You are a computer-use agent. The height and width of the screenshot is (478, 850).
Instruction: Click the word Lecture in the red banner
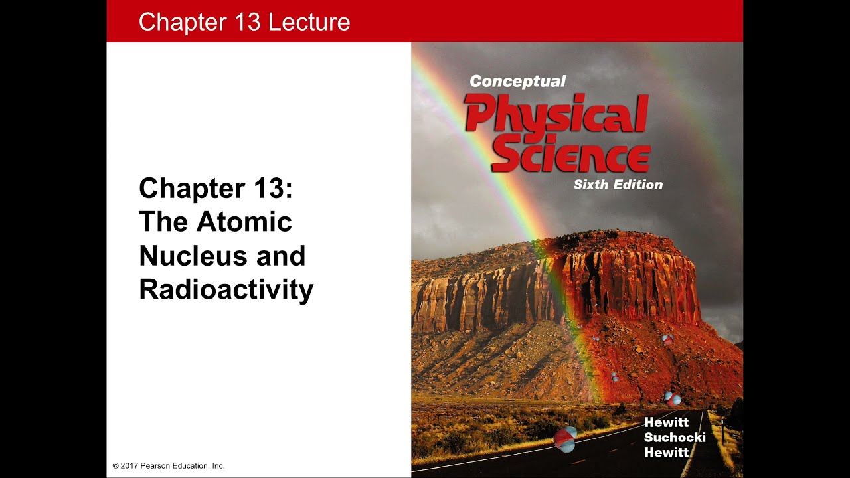point(309,22)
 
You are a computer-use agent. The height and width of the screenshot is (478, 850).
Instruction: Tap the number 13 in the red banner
point(246,22)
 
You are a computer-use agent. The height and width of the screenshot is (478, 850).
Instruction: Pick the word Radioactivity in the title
point(226,290)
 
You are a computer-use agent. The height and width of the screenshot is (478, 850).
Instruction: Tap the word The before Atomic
point(163,222)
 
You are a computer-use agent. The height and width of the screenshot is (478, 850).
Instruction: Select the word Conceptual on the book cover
point(517,82)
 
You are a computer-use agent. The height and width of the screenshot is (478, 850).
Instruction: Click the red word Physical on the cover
point(556,114)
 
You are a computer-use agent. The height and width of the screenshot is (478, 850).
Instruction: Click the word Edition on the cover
point(638,185)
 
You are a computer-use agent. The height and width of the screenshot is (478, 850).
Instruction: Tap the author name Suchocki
point(675,438)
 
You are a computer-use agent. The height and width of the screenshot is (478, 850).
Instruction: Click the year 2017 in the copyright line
point(129,466)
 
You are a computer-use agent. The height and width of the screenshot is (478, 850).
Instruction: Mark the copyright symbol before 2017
point(116,466)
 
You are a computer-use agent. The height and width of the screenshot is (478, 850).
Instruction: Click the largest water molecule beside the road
point(565,439)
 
